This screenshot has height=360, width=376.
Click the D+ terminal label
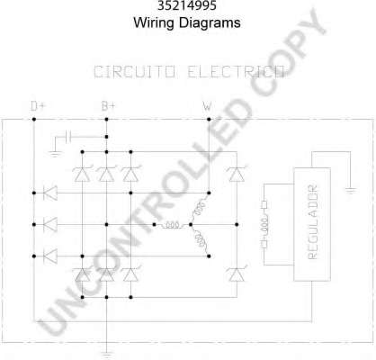(38, 106)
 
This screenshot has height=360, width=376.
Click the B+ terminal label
(108, 106)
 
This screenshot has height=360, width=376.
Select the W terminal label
(207, 106)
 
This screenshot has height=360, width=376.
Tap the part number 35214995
(187, 5)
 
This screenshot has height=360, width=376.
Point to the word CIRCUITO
(134, 72)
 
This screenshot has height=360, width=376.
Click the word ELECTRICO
(236, 72)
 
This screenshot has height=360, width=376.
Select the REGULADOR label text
(312, 222)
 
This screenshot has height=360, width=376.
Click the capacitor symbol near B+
(68, 137)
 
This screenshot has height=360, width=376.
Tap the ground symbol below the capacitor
(56, 154)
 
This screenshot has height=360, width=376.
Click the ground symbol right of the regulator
(350, 191)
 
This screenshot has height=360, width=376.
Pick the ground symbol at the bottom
(106, 355)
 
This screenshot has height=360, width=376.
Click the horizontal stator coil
(174, 225)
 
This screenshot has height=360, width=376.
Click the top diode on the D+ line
(50, 193)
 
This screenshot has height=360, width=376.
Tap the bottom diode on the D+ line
(50, 256)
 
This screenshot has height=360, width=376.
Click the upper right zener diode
(237, 174)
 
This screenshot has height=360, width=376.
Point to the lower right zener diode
(237, 274)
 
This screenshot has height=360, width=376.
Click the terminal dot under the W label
(209, 120)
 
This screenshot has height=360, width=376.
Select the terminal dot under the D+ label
(34, 120)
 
